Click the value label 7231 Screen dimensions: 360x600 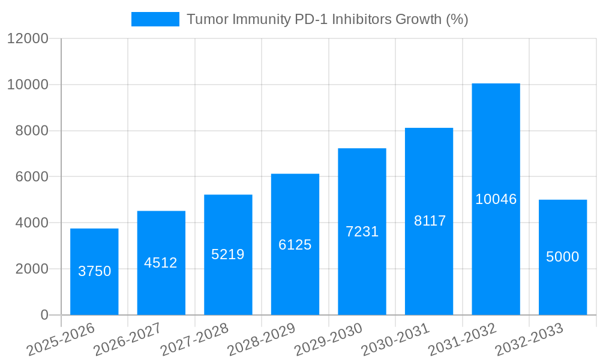point(362,232)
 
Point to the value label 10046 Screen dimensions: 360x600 point(496,199)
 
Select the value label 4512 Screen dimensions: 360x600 point(161,263)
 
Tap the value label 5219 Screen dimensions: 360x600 point(228,254)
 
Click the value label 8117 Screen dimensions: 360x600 point(430,221)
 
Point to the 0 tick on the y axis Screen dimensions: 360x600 point(44,315)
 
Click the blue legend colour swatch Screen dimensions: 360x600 point(155,19)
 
